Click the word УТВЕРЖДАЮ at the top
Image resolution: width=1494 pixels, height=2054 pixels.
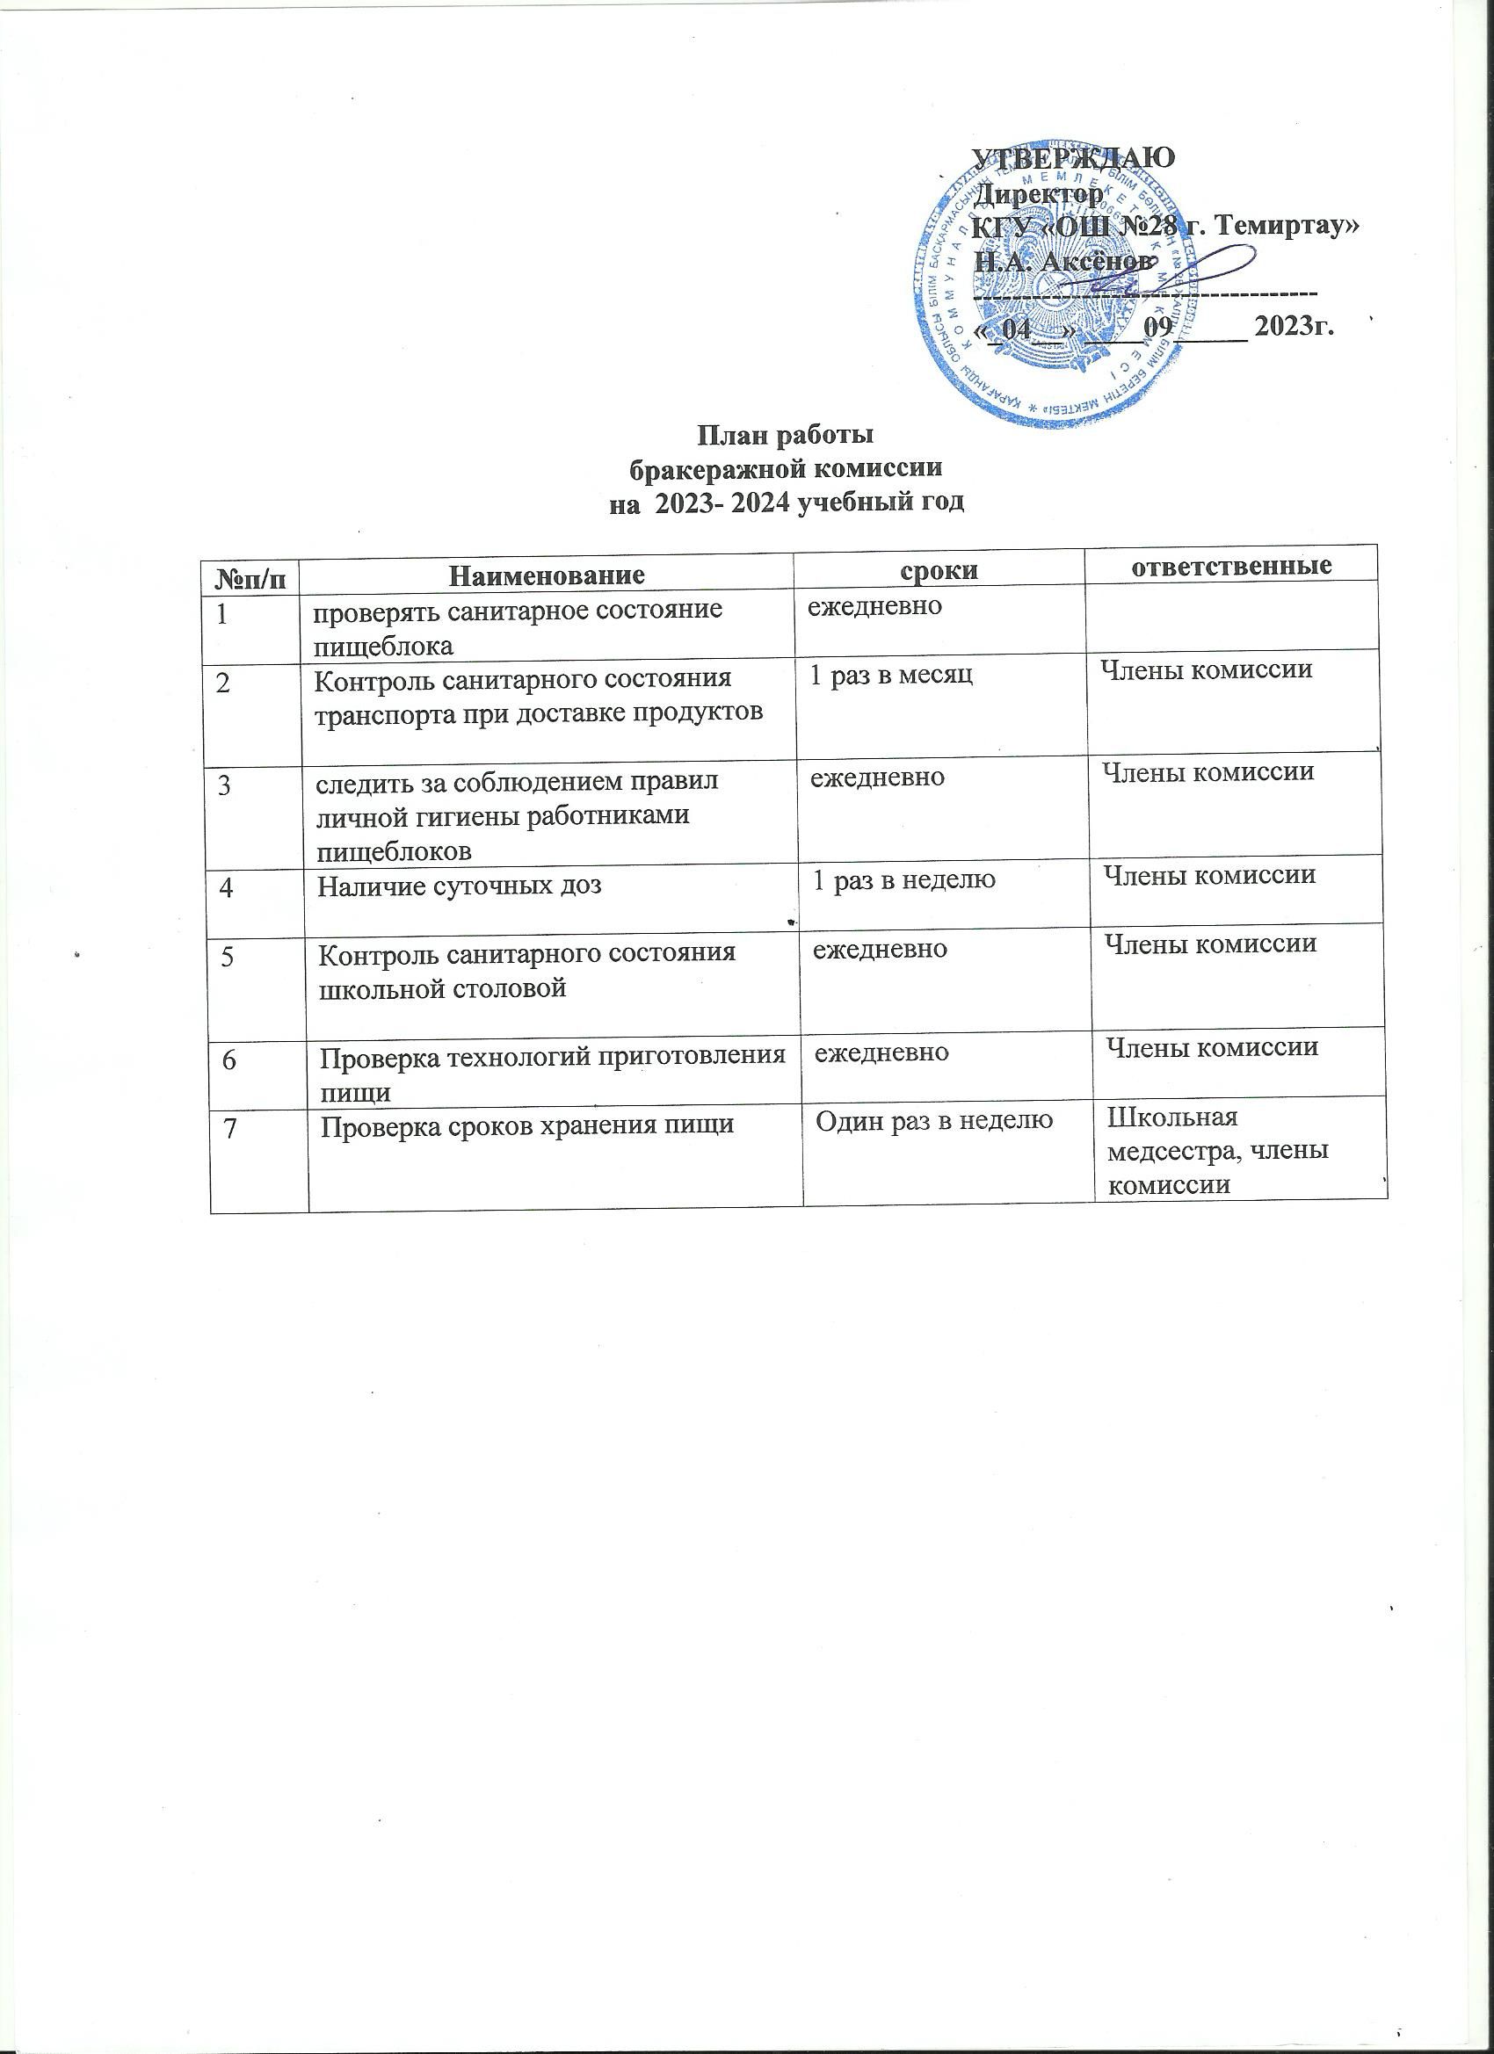click(1073, 156)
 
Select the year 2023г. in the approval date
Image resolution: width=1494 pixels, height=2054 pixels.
click(1295, 325)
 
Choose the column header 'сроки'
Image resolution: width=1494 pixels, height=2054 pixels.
click(939, 570)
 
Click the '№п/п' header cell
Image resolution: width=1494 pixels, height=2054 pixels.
click(251, 576)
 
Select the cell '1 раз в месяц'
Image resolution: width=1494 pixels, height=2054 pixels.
click(889, 676)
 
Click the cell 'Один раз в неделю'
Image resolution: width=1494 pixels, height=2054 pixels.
click(934, 1121)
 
